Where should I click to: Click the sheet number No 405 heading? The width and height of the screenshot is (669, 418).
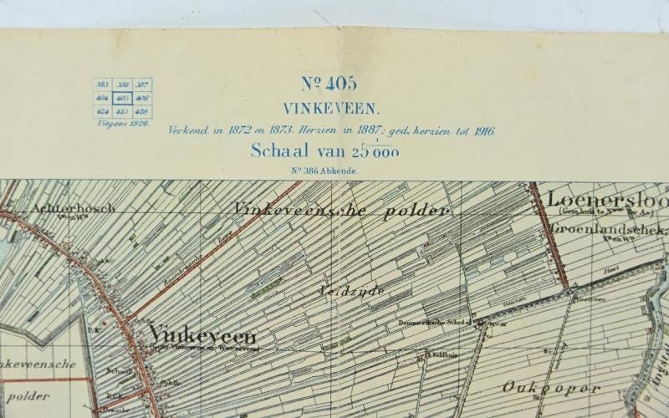tap(329, 84)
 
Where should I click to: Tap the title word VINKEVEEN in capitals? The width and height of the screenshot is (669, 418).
tap(330, 108)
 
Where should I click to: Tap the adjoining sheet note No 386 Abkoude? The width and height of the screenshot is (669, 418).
tap(324, 171)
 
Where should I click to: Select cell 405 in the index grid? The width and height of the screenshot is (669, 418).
tap(123, 98)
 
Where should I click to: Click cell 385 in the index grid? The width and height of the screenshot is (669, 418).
tap(104, 85)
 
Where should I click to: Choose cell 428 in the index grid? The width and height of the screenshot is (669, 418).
tap(142, 110)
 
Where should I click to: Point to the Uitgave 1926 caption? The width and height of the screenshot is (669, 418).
tap(121, 122)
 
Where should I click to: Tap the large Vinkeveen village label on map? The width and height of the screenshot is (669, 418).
tap(202, 336)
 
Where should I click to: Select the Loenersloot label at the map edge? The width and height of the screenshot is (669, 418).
tap(605, 201)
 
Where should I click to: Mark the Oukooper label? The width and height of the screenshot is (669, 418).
tap(552, 388)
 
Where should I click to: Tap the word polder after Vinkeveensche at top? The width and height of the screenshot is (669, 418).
tap(416, 212)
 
